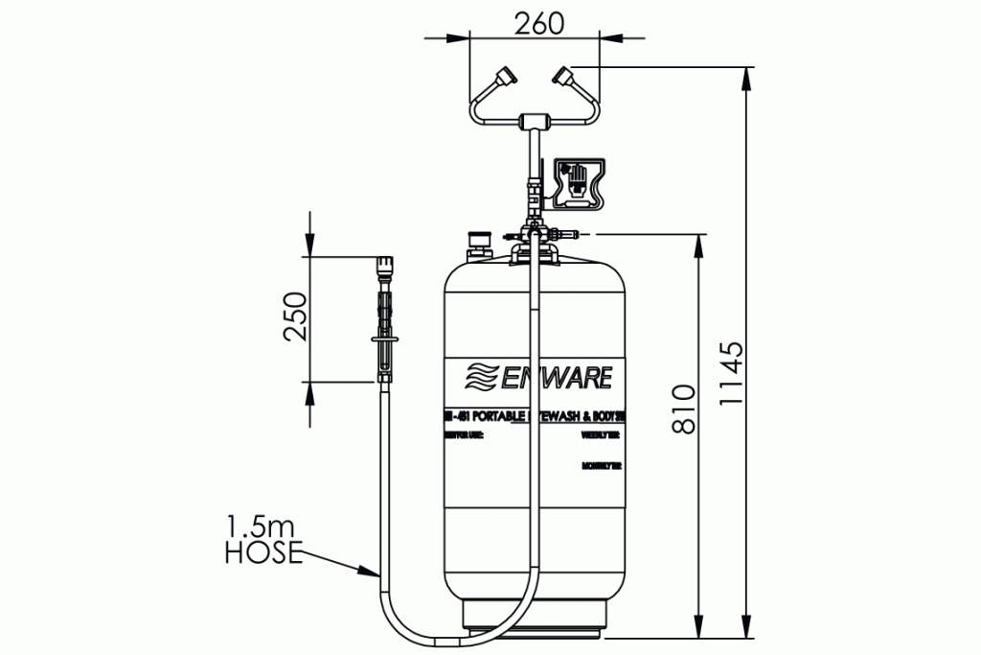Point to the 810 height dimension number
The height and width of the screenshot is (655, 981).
pyautogui.click(x=683, y=409)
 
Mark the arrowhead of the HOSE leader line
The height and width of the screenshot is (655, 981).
pyautogui.click(x=373, y=573)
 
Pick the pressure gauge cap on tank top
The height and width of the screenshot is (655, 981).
pyautogui.click(x=477, y=239)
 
